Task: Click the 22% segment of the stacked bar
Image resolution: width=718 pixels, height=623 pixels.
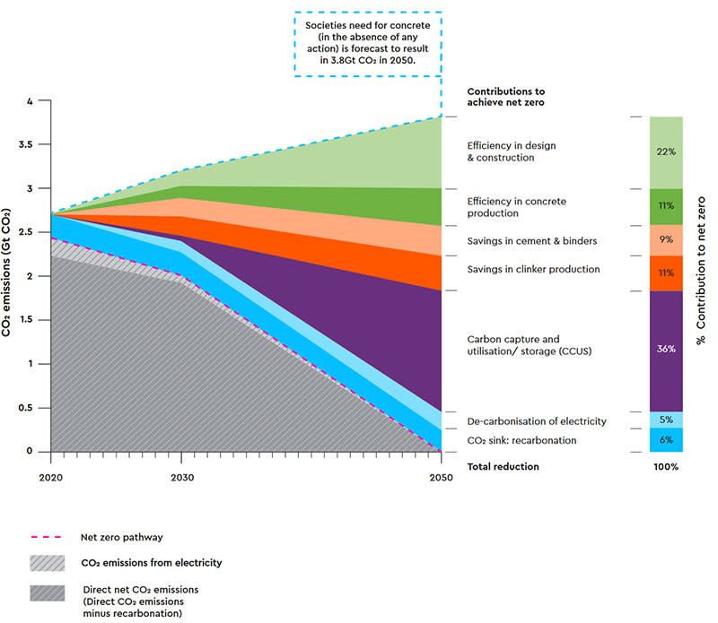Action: pyautogui.click(x=665, y=152)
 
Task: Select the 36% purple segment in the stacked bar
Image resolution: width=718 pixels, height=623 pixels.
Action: pyautogui.click(x=665, y=349)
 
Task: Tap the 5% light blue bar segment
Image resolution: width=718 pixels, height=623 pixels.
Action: pyautogui.click(x=665, y=420)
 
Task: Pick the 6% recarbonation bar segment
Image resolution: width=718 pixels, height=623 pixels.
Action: pyautogui.click(x=665, y=440)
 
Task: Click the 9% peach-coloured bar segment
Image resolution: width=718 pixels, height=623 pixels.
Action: pyautogui.click(x=665, y=240)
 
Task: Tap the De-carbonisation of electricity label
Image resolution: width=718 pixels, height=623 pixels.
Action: pyautogui.click(x=537, y=421)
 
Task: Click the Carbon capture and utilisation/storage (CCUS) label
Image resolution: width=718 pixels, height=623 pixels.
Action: pyautogui.click(x=530, y=345)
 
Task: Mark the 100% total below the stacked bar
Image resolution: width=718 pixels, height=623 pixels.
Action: pyautogui.click(x=665, y=467)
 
